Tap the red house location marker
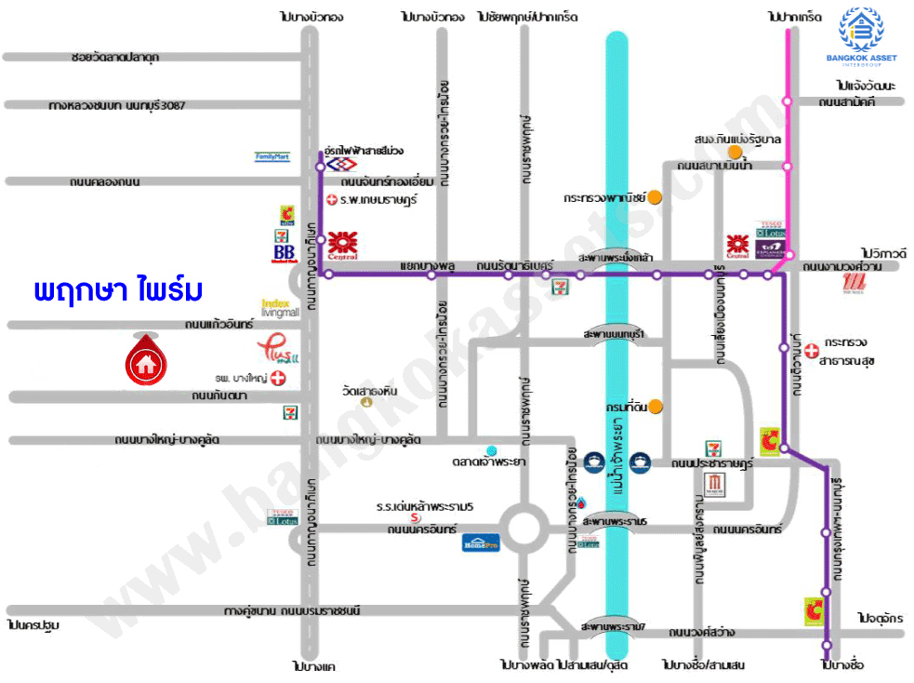click(144, 357)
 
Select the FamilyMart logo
click(272, 157)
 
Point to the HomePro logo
click(481, 542)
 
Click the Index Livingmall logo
click(280, 308)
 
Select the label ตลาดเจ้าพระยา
click(492, 462)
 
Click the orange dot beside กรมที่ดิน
click(656, 406)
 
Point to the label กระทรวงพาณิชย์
click(604, 197)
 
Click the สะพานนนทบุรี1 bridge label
click(613, 332)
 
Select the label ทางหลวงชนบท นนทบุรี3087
click(118, 105)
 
